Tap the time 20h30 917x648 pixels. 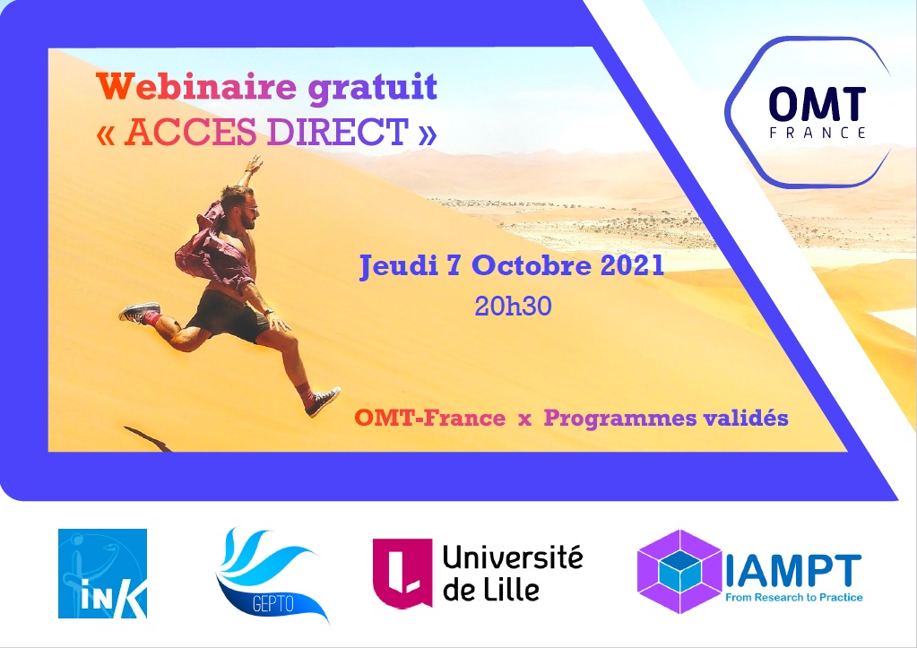click(x=513, y=307)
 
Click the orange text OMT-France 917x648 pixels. click(x=429, y=419)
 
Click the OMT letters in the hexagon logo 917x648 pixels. click(x=817, y=104)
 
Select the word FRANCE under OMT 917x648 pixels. click(x=817, y=133)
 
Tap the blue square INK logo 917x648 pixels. click(x=102, y=574)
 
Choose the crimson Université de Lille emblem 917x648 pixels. click(x=400, y=574)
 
